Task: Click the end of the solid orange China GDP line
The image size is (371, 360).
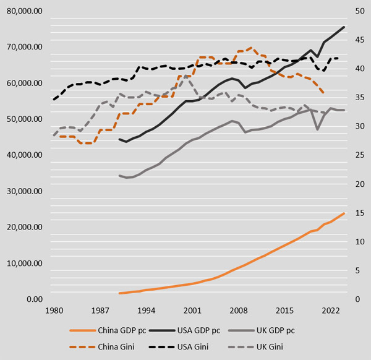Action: (344, 213)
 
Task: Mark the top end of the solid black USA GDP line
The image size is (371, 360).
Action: (344, 27)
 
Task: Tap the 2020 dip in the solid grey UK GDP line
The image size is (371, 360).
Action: (317, 129)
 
